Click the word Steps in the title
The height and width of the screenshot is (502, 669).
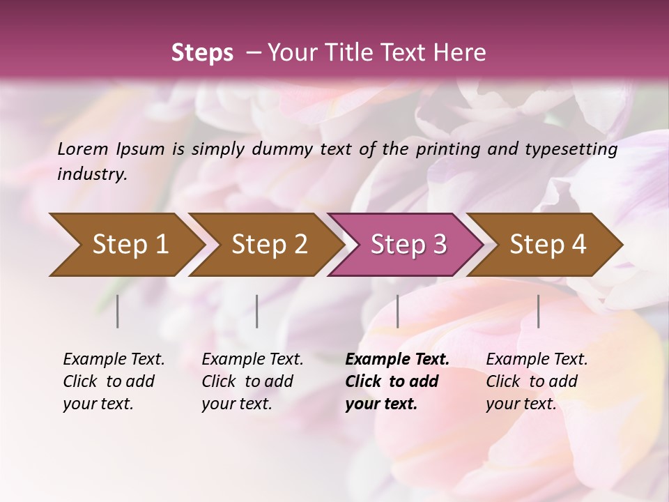point(202,52)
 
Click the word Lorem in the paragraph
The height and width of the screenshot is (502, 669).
point(83,149)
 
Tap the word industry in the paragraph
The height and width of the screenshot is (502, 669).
point(92,174)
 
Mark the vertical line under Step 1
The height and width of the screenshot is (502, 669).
point(118,311)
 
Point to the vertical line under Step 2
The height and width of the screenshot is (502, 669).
point(257,311)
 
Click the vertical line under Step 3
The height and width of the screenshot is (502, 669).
point(397,311)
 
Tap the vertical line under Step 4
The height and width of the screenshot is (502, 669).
point(538,311)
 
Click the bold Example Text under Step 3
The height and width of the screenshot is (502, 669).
point(397,359)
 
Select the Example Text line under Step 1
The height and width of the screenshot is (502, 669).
point(114,359)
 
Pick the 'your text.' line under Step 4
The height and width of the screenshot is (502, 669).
point(521,404)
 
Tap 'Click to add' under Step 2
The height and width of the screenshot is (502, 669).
point(247,381)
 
